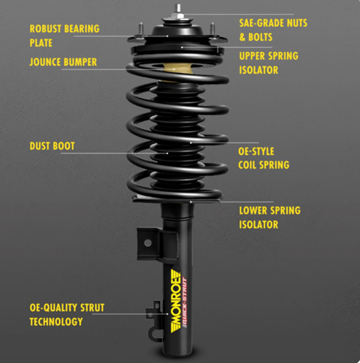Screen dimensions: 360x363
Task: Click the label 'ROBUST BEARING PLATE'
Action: coord(64,36)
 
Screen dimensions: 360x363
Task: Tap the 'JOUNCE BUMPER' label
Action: coord(64,62)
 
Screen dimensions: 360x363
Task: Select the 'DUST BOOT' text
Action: coord(52,146)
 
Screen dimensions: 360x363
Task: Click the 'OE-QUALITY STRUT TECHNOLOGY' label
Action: coord(67,315)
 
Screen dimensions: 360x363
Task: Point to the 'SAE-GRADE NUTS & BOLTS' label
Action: coord(273,30)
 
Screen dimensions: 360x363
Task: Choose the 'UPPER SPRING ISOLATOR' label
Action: coord(269,63)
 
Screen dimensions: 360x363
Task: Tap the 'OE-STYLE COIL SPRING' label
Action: coord(264,158)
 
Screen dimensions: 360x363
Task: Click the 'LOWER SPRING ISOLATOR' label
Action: coord(269,218)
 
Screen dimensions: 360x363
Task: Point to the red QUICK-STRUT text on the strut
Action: coord(185,302)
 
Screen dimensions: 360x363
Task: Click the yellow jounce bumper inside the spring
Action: coord(177,69)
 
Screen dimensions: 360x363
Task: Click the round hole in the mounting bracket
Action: coord(148,242)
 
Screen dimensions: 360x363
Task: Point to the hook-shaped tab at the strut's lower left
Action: coord(154,333)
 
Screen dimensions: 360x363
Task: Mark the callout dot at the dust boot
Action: coord(167,153)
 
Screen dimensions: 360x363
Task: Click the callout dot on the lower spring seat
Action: coord(191,202)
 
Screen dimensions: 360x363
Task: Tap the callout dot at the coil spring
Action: coord(191,142)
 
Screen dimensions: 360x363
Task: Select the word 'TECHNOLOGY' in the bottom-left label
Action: coord(56,322)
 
